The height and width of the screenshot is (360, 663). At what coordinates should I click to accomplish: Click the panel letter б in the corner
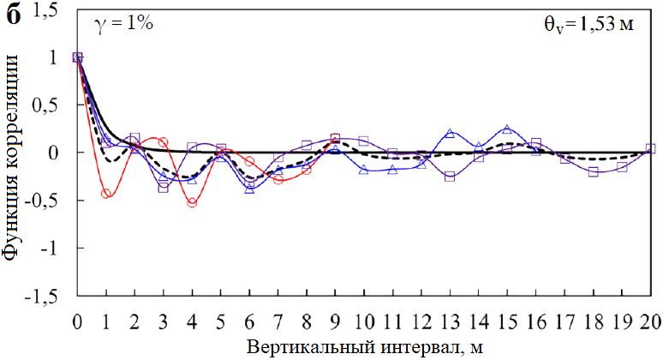pos(14,15)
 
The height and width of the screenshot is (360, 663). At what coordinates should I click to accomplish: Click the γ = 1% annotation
pos(122,24)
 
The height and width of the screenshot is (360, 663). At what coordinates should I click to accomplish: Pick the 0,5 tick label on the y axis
pos(51,105)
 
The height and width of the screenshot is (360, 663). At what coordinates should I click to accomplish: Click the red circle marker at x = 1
pos(106,194)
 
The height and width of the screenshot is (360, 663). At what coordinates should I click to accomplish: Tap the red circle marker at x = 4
pos(192,203)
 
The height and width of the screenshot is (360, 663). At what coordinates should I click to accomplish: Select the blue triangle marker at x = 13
pos(450,133)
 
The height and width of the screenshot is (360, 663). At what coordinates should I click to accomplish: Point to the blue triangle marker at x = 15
pos(507,129)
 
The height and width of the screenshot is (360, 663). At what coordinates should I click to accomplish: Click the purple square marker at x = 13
pos(450,177)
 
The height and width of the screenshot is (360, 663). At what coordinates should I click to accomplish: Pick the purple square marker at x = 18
pos(593,172)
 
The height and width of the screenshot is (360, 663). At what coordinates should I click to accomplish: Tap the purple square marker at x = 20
pos(650,148)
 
